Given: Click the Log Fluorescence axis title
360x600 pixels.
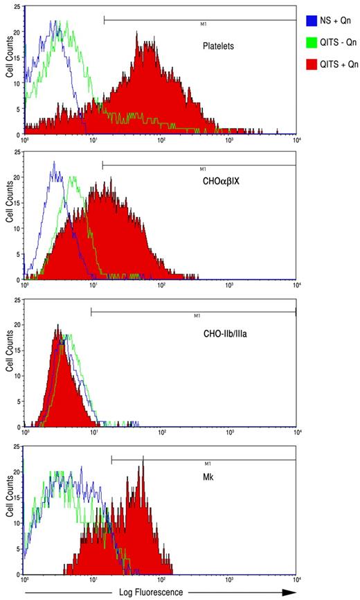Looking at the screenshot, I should (155, 592).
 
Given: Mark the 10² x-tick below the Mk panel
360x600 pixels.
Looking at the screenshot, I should (161, 579).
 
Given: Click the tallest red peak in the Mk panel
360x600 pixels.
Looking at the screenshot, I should (142, 466).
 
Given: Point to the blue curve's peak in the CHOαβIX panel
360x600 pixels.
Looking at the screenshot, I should (53, 164).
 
